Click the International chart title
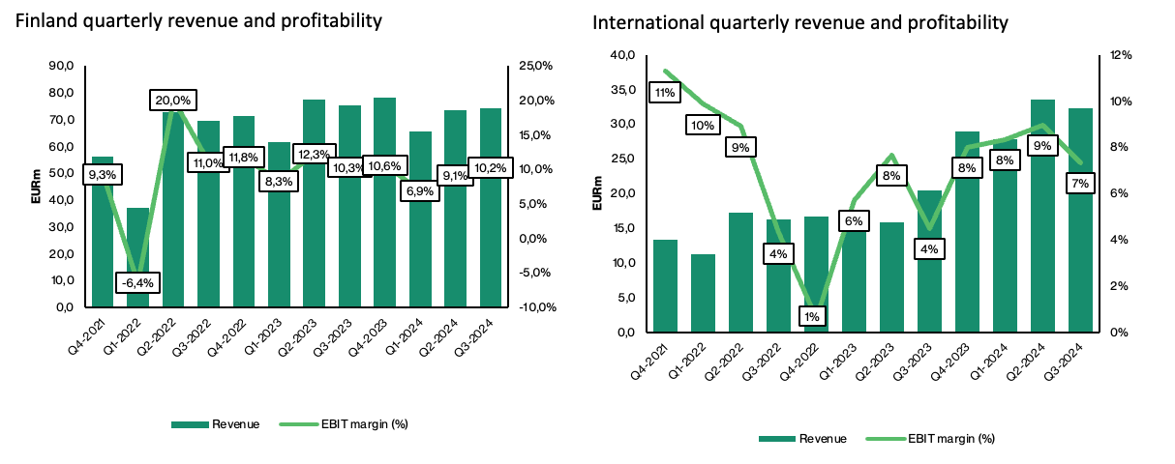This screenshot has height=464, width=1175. [800, 21]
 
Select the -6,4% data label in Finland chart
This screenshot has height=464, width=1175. [136, 282]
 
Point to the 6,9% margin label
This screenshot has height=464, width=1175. [420, 192]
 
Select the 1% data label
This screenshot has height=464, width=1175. [810, 316]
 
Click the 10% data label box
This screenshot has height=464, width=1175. [704, 125]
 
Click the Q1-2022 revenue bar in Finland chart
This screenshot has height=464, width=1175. [138, 257]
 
